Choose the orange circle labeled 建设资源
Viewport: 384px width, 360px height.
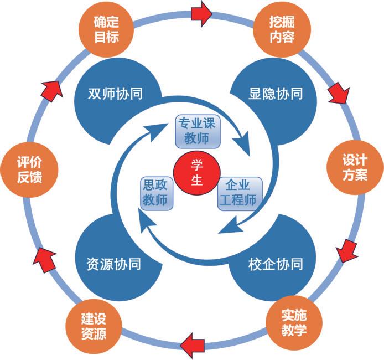[x=93, y=326]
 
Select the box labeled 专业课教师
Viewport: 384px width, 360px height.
[x=198, y=131]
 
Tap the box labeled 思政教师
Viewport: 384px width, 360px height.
[x=155, y=193]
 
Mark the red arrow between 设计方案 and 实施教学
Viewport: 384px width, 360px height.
[x=346, y=250]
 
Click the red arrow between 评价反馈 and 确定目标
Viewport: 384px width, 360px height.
[x=51, y=88]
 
